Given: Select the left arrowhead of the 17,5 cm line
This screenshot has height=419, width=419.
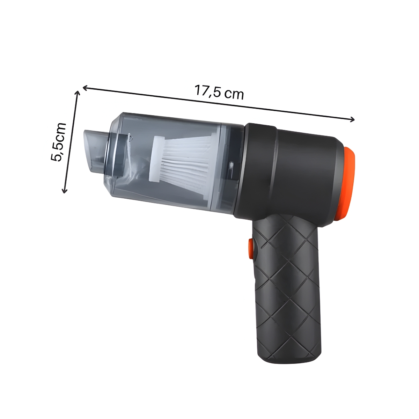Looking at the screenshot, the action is (x=85, y=88).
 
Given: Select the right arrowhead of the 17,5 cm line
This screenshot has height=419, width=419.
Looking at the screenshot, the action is (x=352, y=119).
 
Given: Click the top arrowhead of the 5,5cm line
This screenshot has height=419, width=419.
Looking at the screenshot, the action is (x=78, y=93).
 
